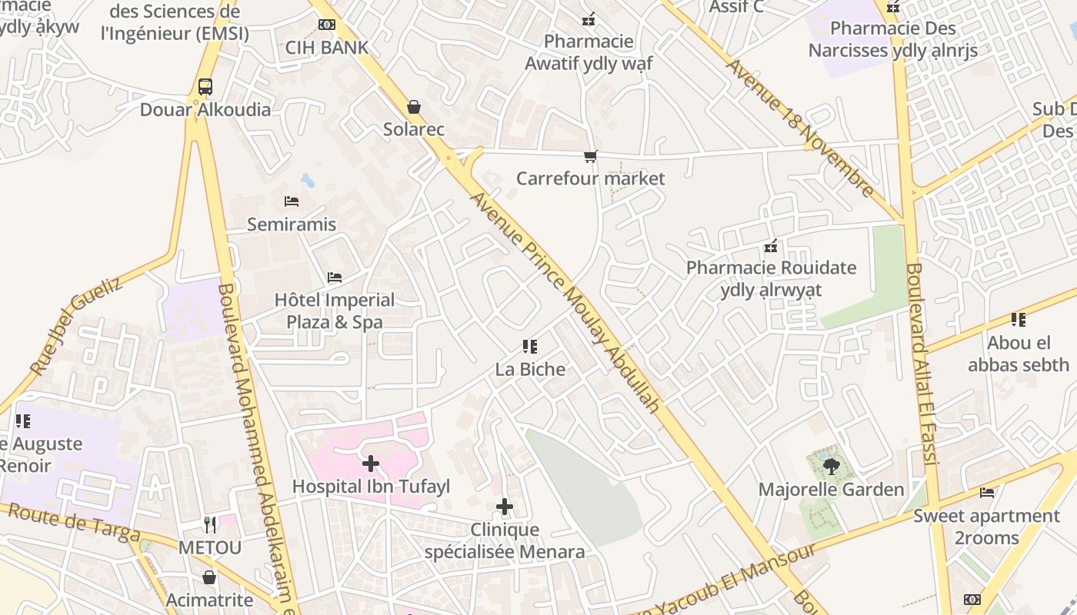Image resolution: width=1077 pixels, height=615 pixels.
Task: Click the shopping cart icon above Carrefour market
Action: point(590,157)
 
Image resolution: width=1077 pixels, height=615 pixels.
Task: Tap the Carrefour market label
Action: point(590,178)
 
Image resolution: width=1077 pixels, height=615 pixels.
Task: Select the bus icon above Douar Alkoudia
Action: point(205,87)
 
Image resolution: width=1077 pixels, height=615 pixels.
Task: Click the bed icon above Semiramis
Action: point(292,201)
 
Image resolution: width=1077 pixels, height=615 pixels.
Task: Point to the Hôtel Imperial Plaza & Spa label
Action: point(335,311)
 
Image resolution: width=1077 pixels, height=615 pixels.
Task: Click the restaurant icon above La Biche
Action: point(529,347)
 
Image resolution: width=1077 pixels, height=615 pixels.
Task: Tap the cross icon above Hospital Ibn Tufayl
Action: point(371,464)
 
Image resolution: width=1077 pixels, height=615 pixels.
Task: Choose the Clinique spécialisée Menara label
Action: point(505,541)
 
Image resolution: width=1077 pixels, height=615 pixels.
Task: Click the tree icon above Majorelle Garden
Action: point(831,466)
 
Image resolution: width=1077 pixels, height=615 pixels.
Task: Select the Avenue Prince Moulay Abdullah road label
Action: point(565,302)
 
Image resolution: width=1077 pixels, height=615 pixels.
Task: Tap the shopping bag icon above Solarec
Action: point(414,107)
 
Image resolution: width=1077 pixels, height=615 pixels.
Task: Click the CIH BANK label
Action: point(327,48)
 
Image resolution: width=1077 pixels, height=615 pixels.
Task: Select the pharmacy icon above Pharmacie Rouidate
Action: point(771,247)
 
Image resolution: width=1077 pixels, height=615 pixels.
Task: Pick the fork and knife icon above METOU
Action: point(210,525)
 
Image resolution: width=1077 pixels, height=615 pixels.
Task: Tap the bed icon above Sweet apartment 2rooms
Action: point(987,493)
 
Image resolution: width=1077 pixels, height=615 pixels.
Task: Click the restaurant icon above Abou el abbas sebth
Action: point(1019,320)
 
